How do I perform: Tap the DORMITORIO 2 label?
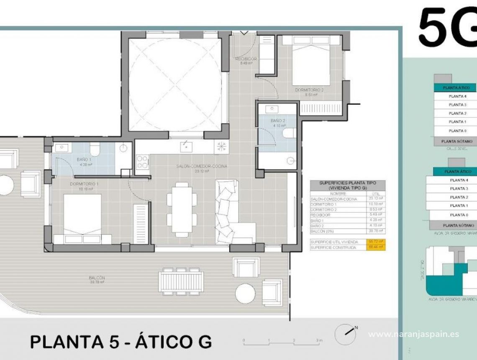pyautogui.click(x=309, y=90)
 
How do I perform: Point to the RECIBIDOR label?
pyautogui.click(x=246, y=59)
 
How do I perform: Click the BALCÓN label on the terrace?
pyautogui.click(x=96, y=278)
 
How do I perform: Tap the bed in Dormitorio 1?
pyautogui.click(x=82, y=218)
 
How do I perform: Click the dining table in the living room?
pyautogui.click(x=182, y=209)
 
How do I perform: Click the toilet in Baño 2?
pyautogui.click(x=289, y=133)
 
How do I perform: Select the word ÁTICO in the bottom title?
pyautogui.click(x=164, y=342)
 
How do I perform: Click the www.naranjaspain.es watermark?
pyautogui.click(x=413, y=334)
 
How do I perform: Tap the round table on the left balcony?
pyautogui.click(x=5, y=184)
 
